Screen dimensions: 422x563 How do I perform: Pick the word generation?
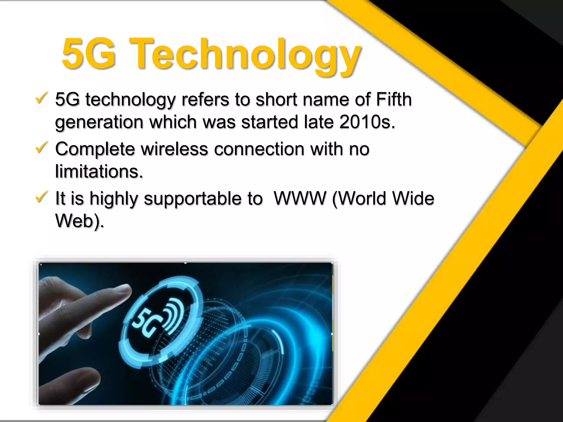click(99, 122)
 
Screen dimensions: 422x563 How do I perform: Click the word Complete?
click(95, 149)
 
